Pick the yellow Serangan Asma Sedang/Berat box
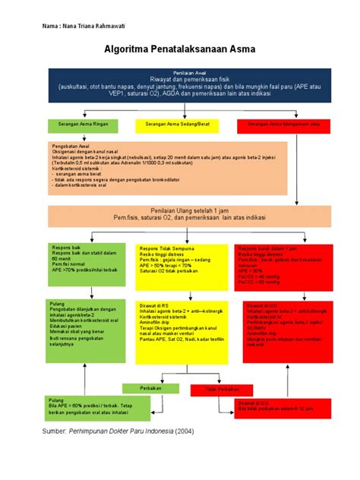point(179,123)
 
